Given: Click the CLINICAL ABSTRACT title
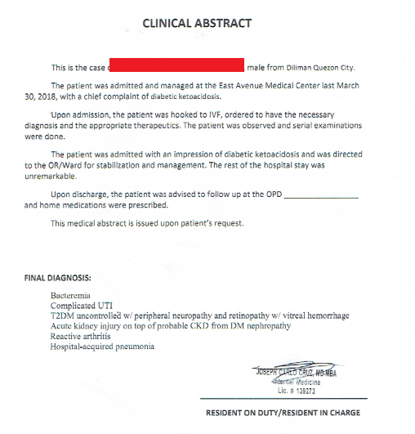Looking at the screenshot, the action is pos(197,23).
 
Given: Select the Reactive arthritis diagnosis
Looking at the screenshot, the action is pos(83,336).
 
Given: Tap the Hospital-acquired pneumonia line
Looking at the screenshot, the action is pos(102,347).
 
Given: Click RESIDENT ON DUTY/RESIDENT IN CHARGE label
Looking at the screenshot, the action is pos(282,413).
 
